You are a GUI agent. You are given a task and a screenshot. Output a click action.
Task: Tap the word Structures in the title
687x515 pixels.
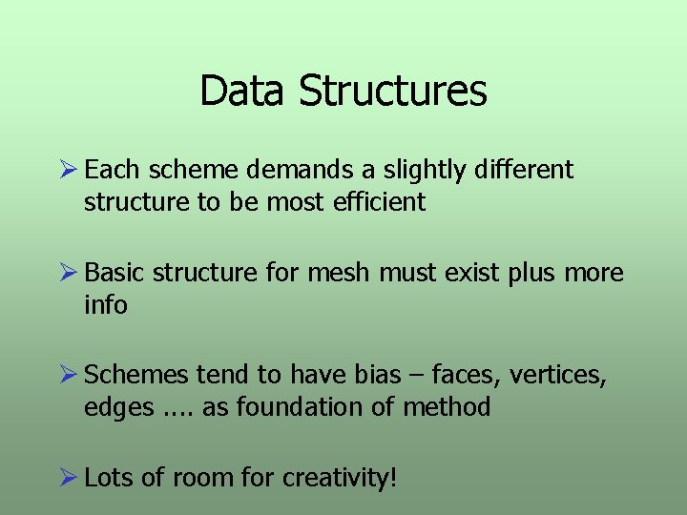tap(392, 92)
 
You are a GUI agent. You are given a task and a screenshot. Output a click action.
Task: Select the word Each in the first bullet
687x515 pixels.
tap(112, 170)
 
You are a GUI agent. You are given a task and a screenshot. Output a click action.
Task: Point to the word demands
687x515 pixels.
tap(301, 170)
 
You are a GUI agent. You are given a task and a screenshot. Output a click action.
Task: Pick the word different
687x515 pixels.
tap(526, 170)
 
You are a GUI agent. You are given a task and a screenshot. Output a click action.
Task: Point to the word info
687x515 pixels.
tap(105, 305)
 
